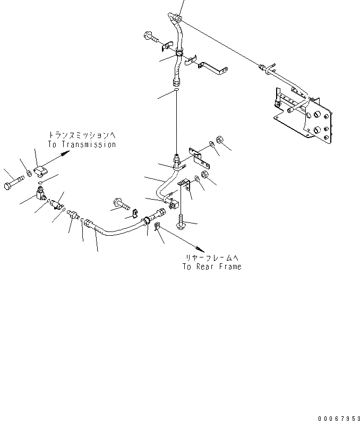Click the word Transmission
coord(89,144)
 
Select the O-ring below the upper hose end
coord(176,91)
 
